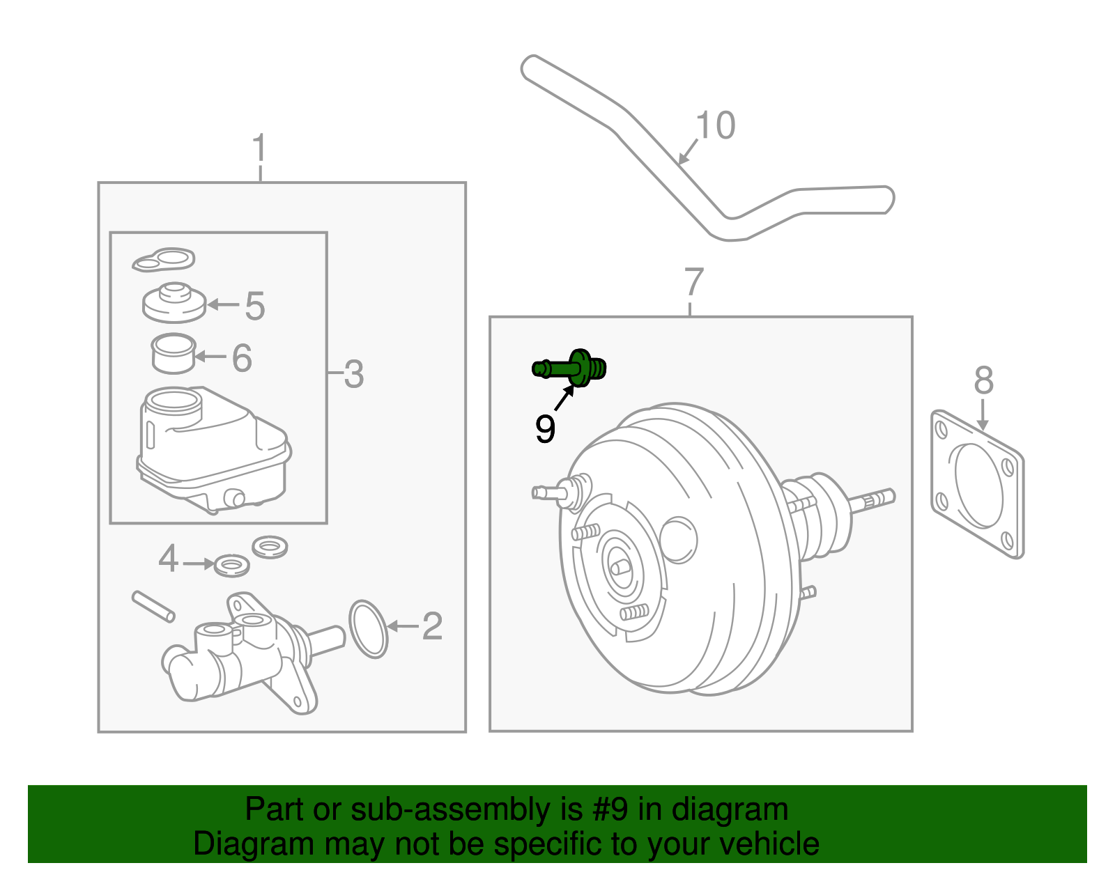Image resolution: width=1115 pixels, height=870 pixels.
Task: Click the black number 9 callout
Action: [545, 428]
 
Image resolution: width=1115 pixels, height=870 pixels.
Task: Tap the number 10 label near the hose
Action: [715, 126]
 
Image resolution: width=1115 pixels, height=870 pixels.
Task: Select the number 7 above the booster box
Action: [693, 282]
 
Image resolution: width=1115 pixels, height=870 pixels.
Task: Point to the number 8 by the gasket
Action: [983, 381]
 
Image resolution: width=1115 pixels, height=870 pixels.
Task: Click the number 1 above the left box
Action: [259, 148]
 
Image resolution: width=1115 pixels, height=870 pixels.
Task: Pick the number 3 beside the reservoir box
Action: [353, 374]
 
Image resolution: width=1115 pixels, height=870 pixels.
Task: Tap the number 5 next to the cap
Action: [255, 306]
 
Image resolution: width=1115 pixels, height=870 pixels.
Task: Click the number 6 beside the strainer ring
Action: [241, 358]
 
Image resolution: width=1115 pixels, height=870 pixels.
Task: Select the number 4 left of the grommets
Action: [168, 559]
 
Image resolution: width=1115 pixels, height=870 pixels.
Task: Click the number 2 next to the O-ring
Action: [431, 626]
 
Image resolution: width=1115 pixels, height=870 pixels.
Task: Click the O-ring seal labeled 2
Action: [368, 629]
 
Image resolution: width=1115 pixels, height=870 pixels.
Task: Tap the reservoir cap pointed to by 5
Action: [174, 302]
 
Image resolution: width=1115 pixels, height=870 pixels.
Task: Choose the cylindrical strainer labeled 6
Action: [174, 354]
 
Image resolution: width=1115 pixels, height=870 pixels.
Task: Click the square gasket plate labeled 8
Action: [978, 485]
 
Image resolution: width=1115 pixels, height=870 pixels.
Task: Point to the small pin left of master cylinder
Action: [153, 606]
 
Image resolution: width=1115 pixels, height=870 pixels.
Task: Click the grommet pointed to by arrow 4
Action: [231, 565]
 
